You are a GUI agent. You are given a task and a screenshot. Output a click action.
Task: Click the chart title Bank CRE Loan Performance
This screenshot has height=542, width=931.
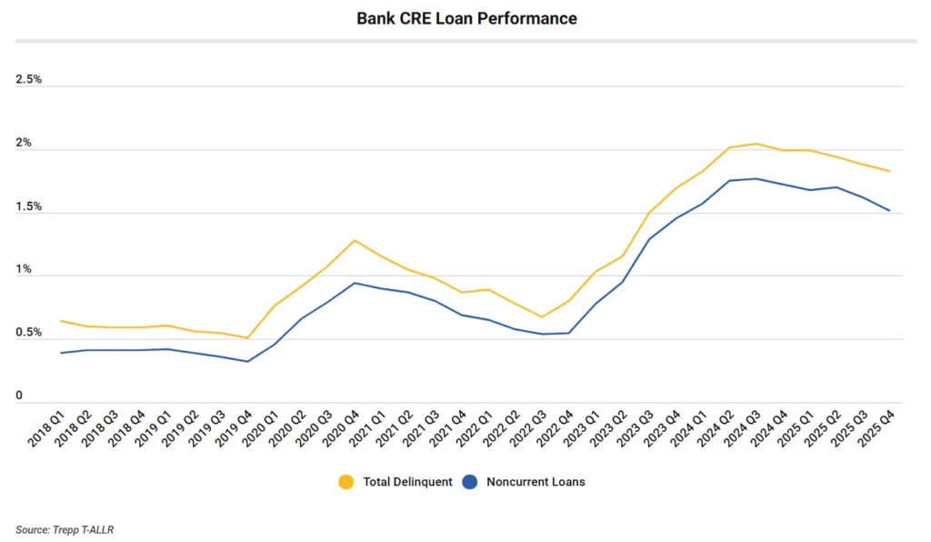(x=465, y=18)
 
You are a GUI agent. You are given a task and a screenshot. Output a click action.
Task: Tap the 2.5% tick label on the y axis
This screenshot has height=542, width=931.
(x=29, y=80)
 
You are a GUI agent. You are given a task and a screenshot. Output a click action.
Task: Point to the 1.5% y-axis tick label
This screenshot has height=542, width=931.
(x=29, y=206)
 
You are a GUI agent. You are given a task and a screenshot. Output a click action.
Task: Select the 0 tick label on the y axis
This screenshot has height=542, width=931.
(x=19, y=396)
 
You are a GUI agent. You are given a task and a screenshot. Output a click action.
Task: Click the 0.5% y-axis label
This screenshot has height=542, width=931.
(x=29, y=333)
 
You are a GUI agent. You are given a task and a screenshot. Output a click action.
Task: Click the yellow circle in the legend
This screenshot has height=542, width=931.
(x=345, y=482)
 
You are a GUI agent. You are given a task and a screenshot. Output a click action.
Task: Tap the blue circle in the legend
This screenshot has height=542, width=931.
(x=470, y=482)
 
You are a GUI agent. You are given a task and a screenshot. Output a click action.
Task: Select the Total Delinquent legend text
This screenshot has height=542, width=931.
(x=407, y=482)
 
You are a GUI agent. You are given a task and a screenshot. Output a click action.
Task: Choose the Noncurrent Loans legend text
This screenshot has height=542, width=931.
(x=536, y=482)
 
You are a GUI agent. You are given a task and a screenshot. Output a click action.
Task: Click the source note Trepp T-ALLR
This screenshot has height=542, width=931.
(x=65, y=529)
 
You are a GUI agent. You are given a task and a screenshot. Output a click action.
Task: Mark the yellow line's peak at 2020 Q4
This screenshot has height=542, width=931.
(x=355, y=240)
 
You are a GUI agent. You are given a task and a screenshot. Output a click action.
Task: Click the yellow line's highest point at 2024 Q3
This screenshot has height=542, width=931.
(x=756, y=144)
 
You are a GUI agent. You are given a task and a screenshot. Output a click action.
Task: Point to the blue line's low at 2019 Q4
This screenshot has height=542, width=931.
(x=247, y=362)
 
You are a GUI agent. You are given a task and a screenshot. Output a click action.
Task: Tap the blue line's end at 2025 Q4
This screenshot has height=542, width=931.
(x=889, y=211)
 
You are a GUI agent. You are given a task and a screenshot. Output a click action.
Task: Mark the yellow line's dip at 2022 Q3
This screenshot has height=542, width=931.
(x=542, y=317)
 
